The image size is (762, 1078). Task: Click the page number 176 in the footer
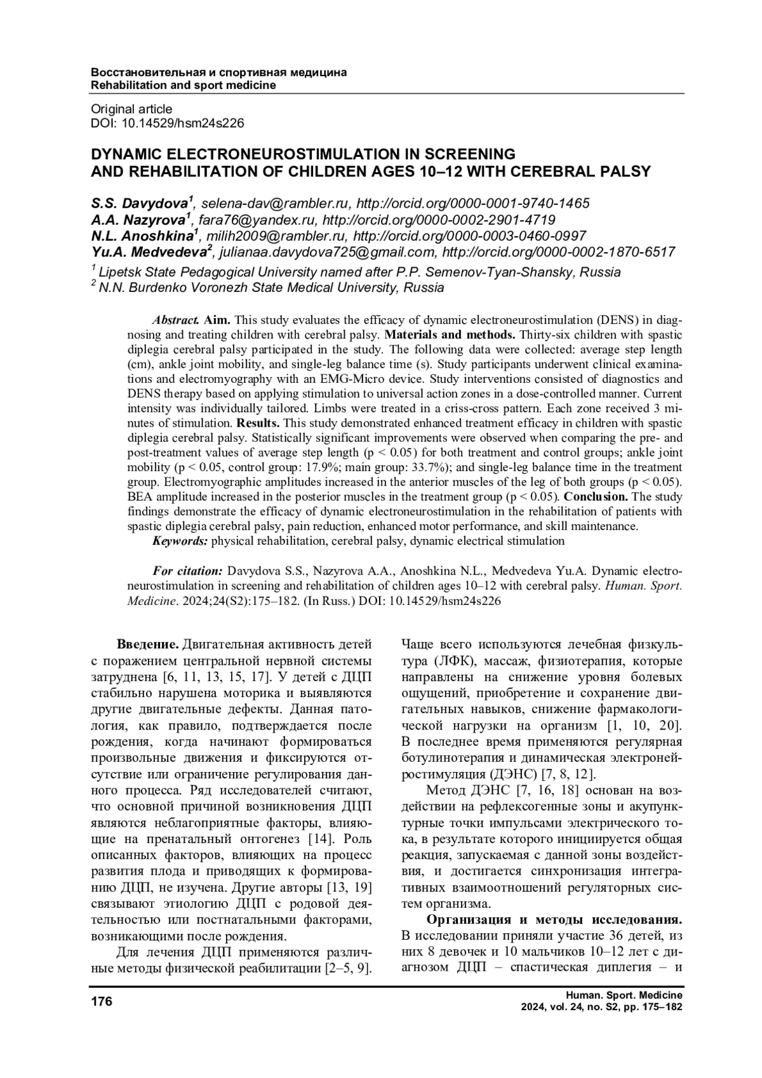pyautogui.click(x=102, y=1002)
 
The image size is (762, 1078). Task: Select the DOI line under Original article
pyautogui.click(x=168, y=123)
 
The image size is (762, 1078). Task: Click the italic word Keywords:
pyautogui.click(x=180, y=541)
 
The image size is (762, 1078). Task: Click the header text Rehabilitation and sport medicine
pyautogui.click(x=184, y=85)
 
